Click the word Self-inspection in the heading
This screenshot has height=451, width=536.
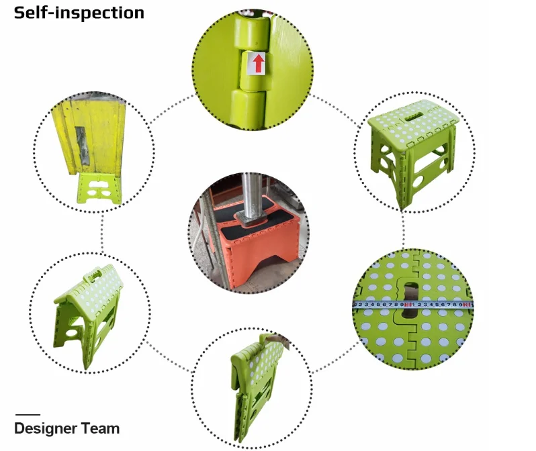(x=79, y=12)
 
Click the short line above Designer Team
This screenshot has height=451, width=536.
(x=28, y=415)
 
